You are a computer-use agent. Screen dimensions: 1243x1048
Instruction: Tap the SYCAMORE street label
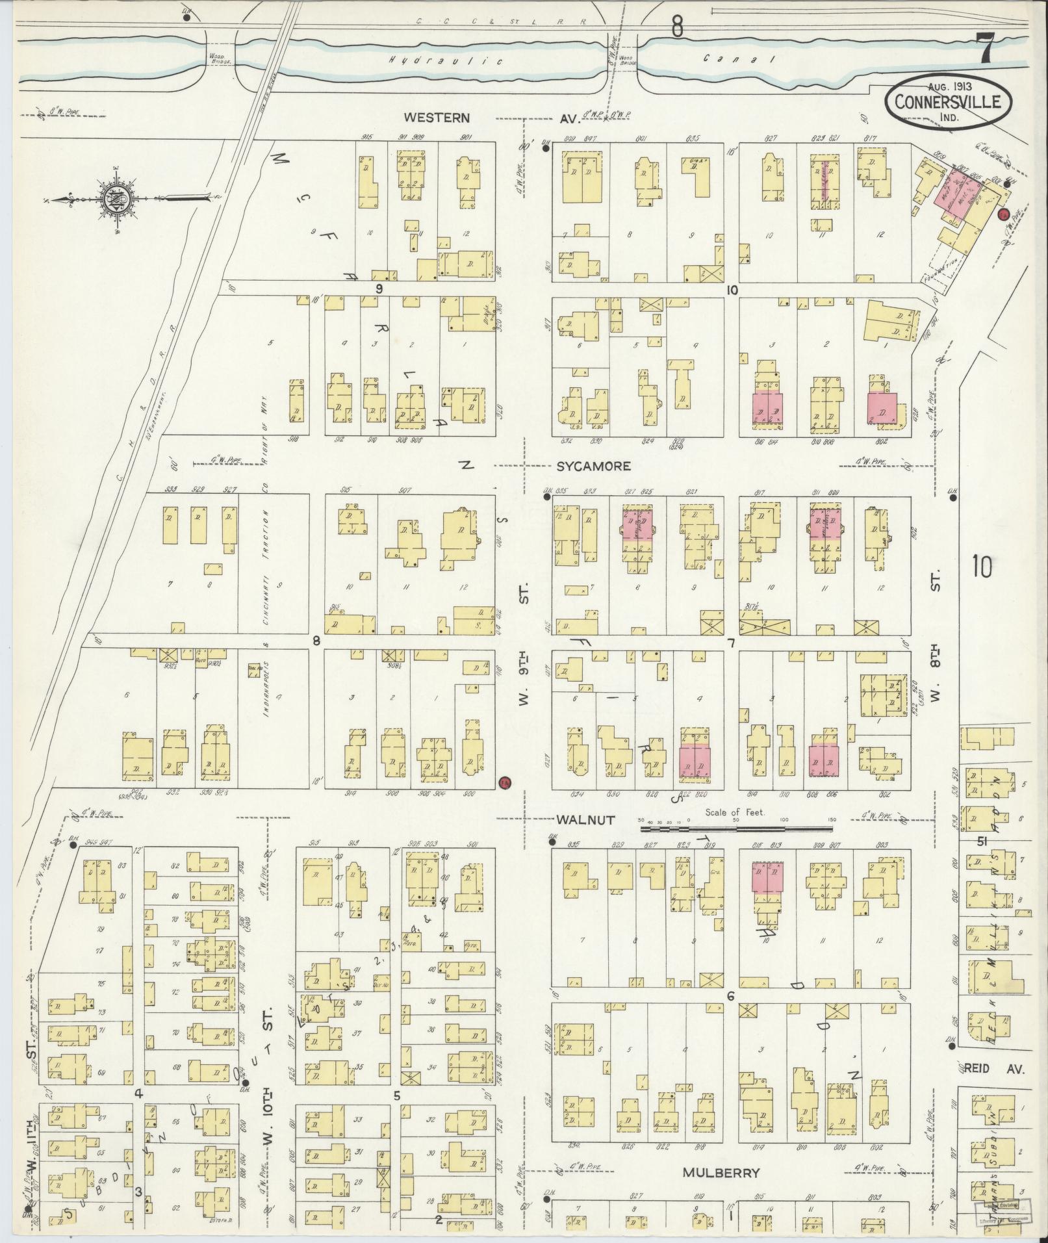(594, 466)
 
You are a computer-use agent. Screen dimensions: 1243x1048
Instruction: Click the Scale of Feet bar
(737, 829)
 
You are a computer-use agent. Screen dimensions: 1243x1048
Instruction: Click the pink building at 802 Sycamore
(882, 408)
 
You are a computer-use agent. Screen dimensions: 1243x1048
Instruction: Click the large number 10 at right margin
(982, 567)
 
